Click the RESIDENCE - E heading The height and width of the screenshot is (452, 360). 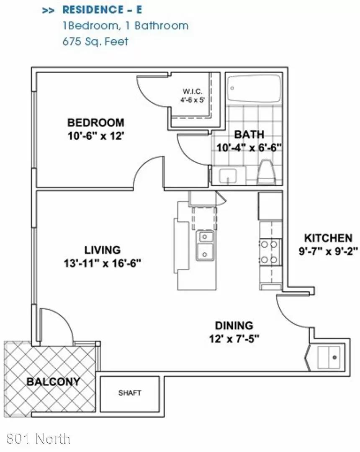pyautogui.click(x=102, y=10)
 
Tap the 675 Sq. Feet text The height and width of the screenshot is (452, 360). pyautogui.click(x=95, y=41)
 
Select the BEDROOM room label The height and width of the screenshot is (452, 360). pyautogui.click(x=96, y=123)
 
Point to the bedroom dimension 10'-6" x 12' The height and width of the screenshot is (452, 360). pyautogui.click(x=96, y=136)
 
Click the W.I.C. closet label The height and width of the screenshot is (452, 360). pyautogui.click(x=193, y=92)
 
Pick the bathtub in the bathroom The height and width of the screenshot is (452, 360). pyautogui.click(x=254, y=88)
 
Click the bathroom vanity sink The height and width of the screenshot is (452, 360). pyautogui.click(x=228, y=176)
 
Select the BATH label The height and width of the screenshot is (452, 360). pyautogui.click(x=249, y=134)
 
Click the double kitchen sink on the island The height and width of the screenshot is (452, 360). pyautogui.click(x=205, y=246)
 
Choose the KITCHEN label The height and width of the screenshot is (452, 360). pyautogui.click(x=328, y=238)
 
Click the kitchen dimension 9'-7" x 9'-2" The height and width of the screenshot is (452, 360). pyautogui.click(x=328, y=252)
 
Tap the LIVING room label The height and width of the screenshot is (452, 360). pyautogui.click(x=102, y=250)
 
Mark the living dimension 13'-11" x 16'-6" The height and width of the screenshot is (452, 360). pyautogui.click(x=102, y=263)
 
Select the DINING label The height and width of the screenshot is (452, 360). pyautogui.click(x=234, y=326)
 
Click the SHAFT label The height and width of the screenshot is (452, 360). pyautogui.click(x=130, y=393)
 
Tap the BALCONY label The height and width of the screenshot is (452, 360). pyautogui.click(x=53, y=382)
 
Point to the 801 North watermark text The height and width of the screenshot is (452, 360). pyautogui.click(x=38, y=439)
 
